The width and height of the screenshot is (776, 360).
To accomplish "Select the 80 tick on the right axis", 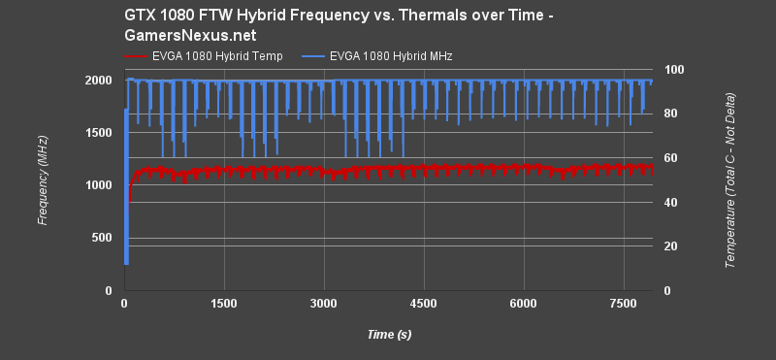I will click(x=669, y=114).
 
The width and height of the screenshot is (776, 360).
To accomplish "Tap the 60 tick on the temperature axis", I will click(x=669, y=158).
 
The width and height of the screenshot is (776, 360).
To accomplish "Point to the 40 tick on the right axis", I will click(x=669, y=202).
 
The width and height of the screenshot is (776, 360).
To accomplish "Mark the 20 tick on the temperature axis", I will click(x=669, y=246).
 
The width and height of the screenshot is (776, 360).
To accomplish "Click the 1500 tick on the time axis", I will click(x=224, y=304).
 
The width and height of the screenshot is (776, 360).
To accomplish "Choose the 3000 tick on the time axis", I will click(x=324, y=304).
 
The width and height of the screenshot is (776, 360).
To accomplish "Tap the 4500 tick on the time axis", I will click(x=424, y=304).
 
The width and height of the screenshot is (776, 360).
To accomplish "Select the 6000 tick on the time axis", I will click(x=524, y=304).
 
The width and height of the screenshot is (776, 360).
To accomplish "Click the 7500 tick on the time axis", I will click(x=624, y=304).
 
